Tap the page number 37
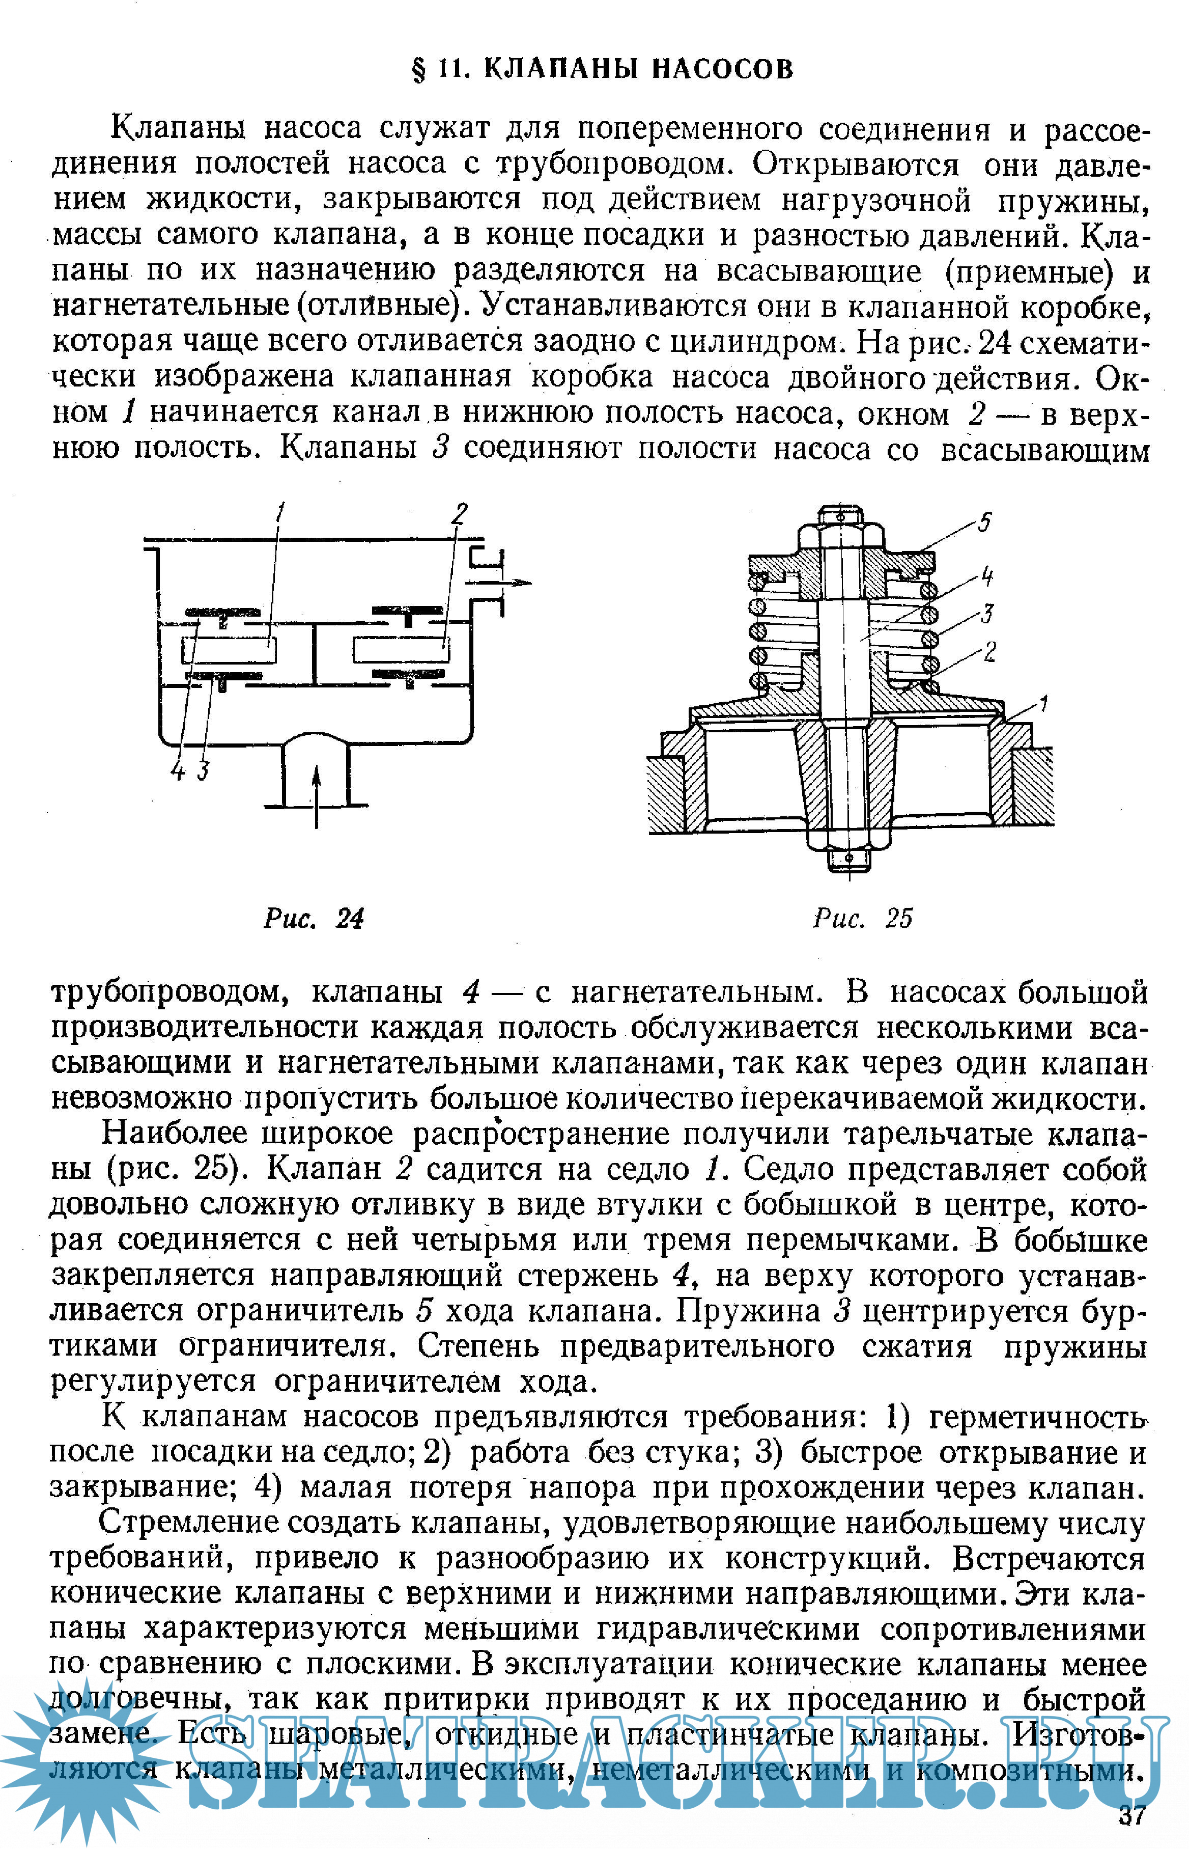click(1133, 1814)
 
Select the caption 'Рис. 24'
click(314, 918)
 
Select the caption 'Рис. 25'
click(862, 918)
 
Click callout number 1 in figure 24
click(281, 512)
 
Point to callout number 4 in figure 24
click(178, 770)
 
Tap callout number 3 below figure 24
click(203, 770)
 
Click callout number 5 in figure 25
click(984, 523)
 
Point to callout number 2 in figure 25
click(990, 652)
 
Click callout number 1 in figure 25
click(1043, 703)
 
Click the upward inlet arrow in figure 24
click(317, 795)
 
